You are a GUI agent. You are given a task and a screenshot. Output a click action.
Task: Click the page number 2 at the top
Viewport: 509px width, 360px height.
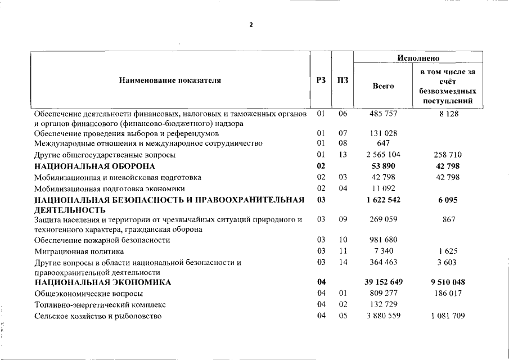tap(251, 25)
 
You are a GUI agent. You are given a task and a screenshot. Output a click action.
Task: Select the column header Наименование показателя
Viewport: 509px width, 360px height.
tap(170, 80)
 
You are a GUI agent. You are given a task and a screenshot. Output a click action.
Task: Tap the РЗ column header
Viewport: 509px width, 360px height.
tap(321, 80)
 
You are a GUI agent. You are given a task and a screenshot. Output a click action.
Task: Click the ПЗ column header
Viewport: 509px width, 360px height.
tap(343, 80)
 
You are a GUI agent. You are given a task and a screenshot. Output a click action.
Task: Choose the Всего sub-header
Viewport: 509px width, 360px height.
tap(383, 86)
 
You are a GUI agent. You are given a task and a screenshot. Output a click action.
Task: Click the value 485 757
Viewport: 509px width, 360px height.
tap(383, 114)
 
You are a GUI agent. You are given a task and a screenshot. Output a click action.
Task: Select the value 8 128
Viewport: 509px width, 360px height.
tap(448, 114)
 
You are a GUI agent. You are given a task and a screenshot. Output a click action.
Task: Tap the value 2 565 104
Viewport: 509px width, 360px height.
tap(383, 155)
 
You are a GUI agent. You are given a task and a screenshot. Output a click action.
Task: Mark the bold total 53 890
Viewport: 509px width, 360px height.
tap(383, 166)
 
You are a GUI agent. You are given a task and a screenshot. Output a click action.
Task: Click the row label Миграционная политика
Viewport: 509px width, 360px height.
tap(79, 251)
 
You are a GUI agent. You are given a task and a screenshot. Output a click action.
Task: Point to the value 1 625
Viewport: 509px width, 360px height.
tap(448, 251)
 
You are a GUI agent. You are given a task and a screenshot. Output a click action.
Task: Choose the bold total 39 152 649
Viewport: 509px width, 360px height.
tap(383, 282)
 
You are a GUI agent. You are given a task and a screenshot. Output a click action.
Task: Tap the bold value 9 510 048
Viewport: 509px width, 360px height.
tap(448, 282)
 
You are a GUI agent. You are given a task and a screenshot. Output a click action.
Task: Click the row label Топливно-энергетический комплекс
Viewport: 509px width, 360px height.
tap(100, 304)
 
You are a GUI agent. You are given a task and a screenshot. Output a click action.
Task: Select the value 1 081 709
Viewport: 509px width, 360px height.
tap(448, 316)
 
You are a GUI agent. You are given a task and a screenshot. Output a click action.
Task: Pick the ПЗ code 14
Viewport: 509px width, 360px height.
tap(343, 262)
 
